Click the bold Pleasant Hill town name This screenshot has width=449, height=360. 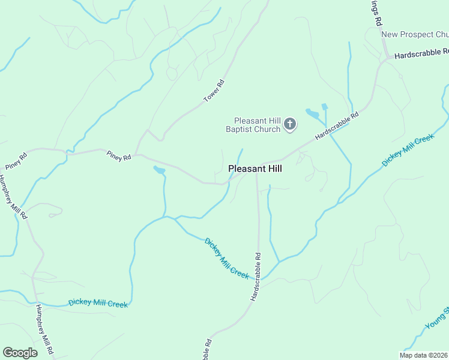[x=255, y=169]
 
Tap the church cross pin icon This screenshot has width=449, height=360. [x=290, y=124]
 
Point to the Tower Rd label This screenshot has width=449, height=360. [x=213, y=90]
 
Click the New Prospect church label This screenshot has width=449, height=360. [x=415, y=34]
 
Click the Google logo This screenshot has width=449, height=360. [x=20, y=353]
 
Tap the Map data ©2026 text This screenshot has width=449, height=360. [x=423, y=355]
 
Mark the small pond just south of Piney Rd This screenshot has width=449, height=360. [x=159, y=171]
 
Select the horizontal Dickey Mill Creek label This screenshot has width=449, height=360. [x=98, y=303]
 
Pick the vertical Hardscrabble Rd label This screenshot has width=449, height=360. [x=256, y=277]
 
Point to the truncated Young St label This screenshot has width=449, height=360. [x=437, y=318]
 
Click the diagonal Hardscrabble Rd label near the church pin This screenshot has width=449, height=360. [x=336, y=125]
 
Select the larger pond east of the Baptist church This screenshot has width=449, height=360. [x=312, y=113]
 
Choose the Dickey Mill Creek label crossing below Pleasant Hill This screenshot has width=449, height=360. [x=226, y=258]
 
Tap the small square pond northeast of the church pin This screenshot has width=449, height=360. [x=325, y=107]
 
